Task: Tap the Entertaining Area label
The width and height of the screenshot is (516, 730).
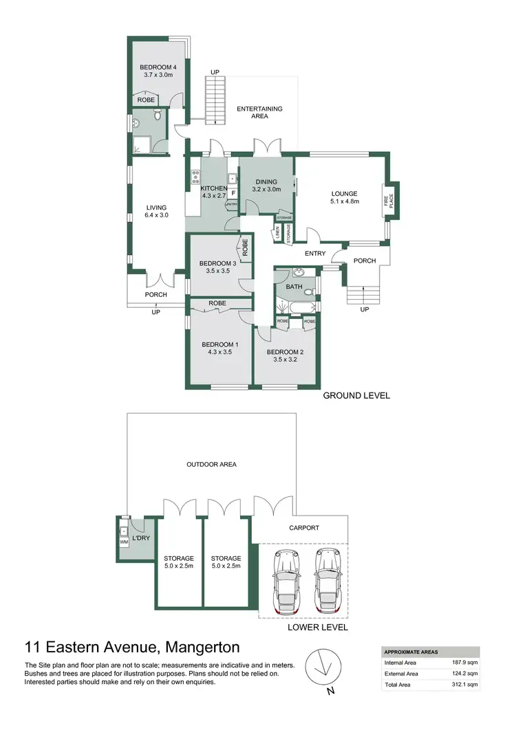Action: [259, 113]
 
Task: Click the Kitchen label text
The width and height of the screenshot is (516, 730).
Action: [213, 188]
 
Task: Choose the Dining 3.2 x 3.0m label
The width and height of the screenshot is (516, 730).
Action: [266, 185]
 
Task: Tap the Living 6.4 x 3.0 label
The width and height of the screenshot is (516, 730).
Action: [156, 211]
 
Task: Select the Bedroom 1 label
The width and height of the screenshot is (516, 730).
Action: [219, 349]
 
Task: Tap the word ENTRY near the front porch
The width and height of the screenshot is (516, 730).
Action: [315, 254]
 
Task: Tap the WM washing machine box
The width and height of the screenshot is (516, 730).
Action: [125, 542]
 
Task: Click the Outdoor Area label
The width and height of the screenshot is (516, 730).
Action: [212, 465]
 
